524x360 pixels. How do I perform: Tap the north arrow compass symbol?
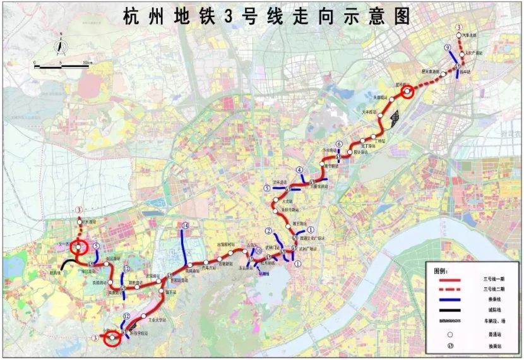point(59,45)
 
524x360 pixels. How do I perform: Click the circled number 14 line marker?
point(185,226)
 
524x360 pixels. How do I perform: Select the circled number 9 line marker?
point(447,48)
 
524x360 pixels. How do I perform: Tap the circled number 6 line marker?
point(339,144)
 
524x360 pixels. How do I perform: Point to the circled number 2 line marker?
point(269,231)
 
